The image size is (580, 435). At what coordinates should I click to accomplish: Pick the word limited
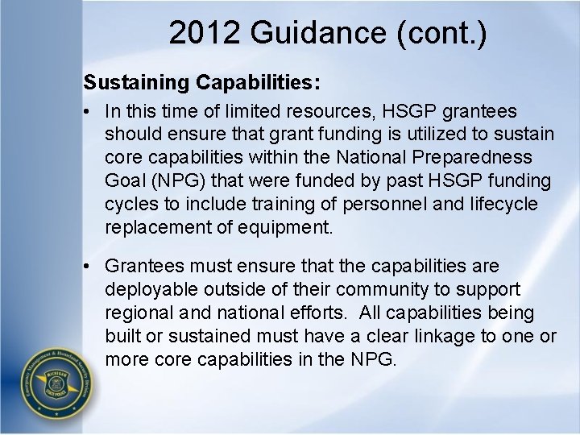click(263, 111)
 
